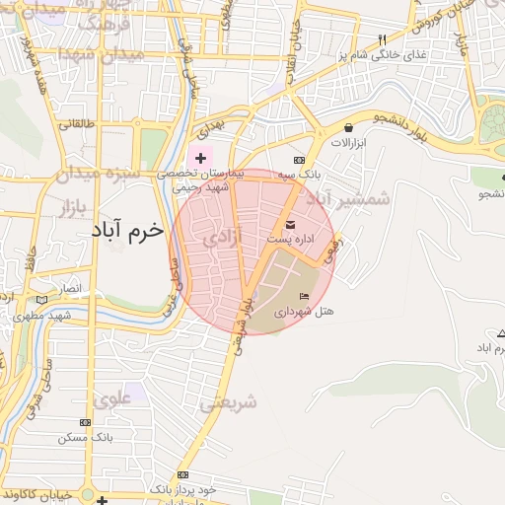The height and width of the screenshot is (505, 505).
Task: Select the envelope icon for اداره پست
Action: (x=290, y=224)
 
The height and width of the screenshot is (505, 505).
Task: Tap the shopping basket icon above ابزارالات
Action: (x=349, y=127)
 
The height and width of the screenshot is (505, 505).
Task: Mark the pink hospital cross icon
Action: (x=200, y=157)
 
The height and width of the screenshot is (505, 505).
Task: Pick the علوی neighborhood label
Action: (x=114, y=398)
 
